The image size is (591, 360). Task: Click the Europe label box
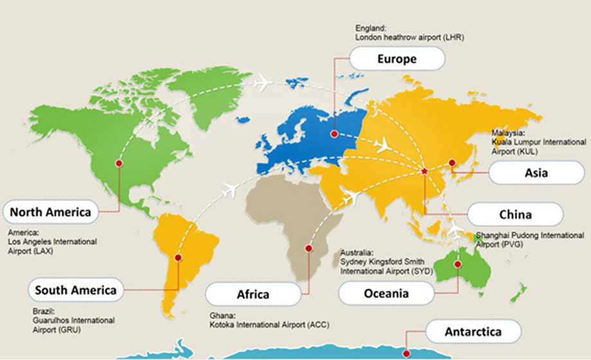tap(397, 60)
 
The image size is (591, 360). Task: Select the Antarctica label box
tap(473, 332)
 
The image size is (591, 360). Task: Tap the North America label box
tap(50, 212)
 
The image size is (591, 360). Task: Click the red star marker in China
tap(424, 171)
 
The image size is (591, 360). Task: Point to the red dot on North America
tap(119, 164)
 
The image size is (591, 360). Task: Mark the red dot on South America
tap(178, 258)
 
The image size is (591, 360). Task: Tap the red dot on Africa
tap(309, 248)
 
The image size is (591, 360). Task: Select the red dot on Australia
tap(458, 264)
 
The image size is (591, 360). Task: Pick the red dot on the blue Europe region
tap(334, 134)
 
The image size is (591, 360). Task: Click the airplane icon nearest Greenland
tap(262, 83)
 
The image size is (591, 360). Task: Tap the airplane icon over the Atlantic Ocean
tap(230, 190)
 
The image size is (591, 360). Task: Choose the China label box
tap(514, 214)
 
